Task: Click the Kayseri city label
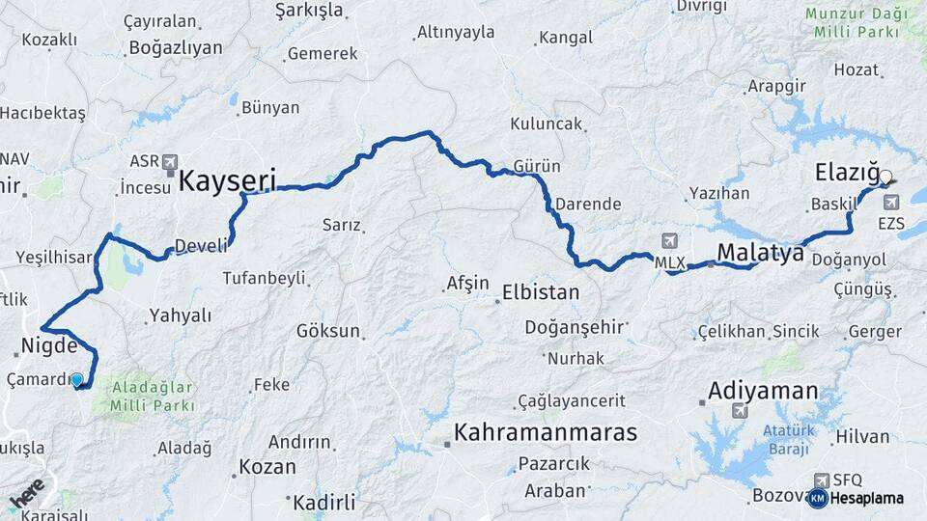(228, 179)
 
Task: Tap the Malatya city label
(760, 254)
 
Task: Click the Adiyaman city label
(763, 392)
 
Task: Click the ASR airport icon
(171, 162)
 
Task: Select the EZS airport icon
(890, 204)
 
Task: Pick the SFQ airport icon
(822, 480)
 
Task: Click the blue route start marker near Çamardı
(77, 381)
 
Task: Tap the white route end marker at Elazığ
(885, 177)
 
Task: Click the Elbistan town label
(541, 292)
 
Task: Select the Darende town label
(587, 205)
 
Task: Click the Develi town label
(201, 246)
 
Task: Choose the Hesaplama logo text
(867, 499)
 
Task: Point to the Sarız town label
(341, 226)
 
